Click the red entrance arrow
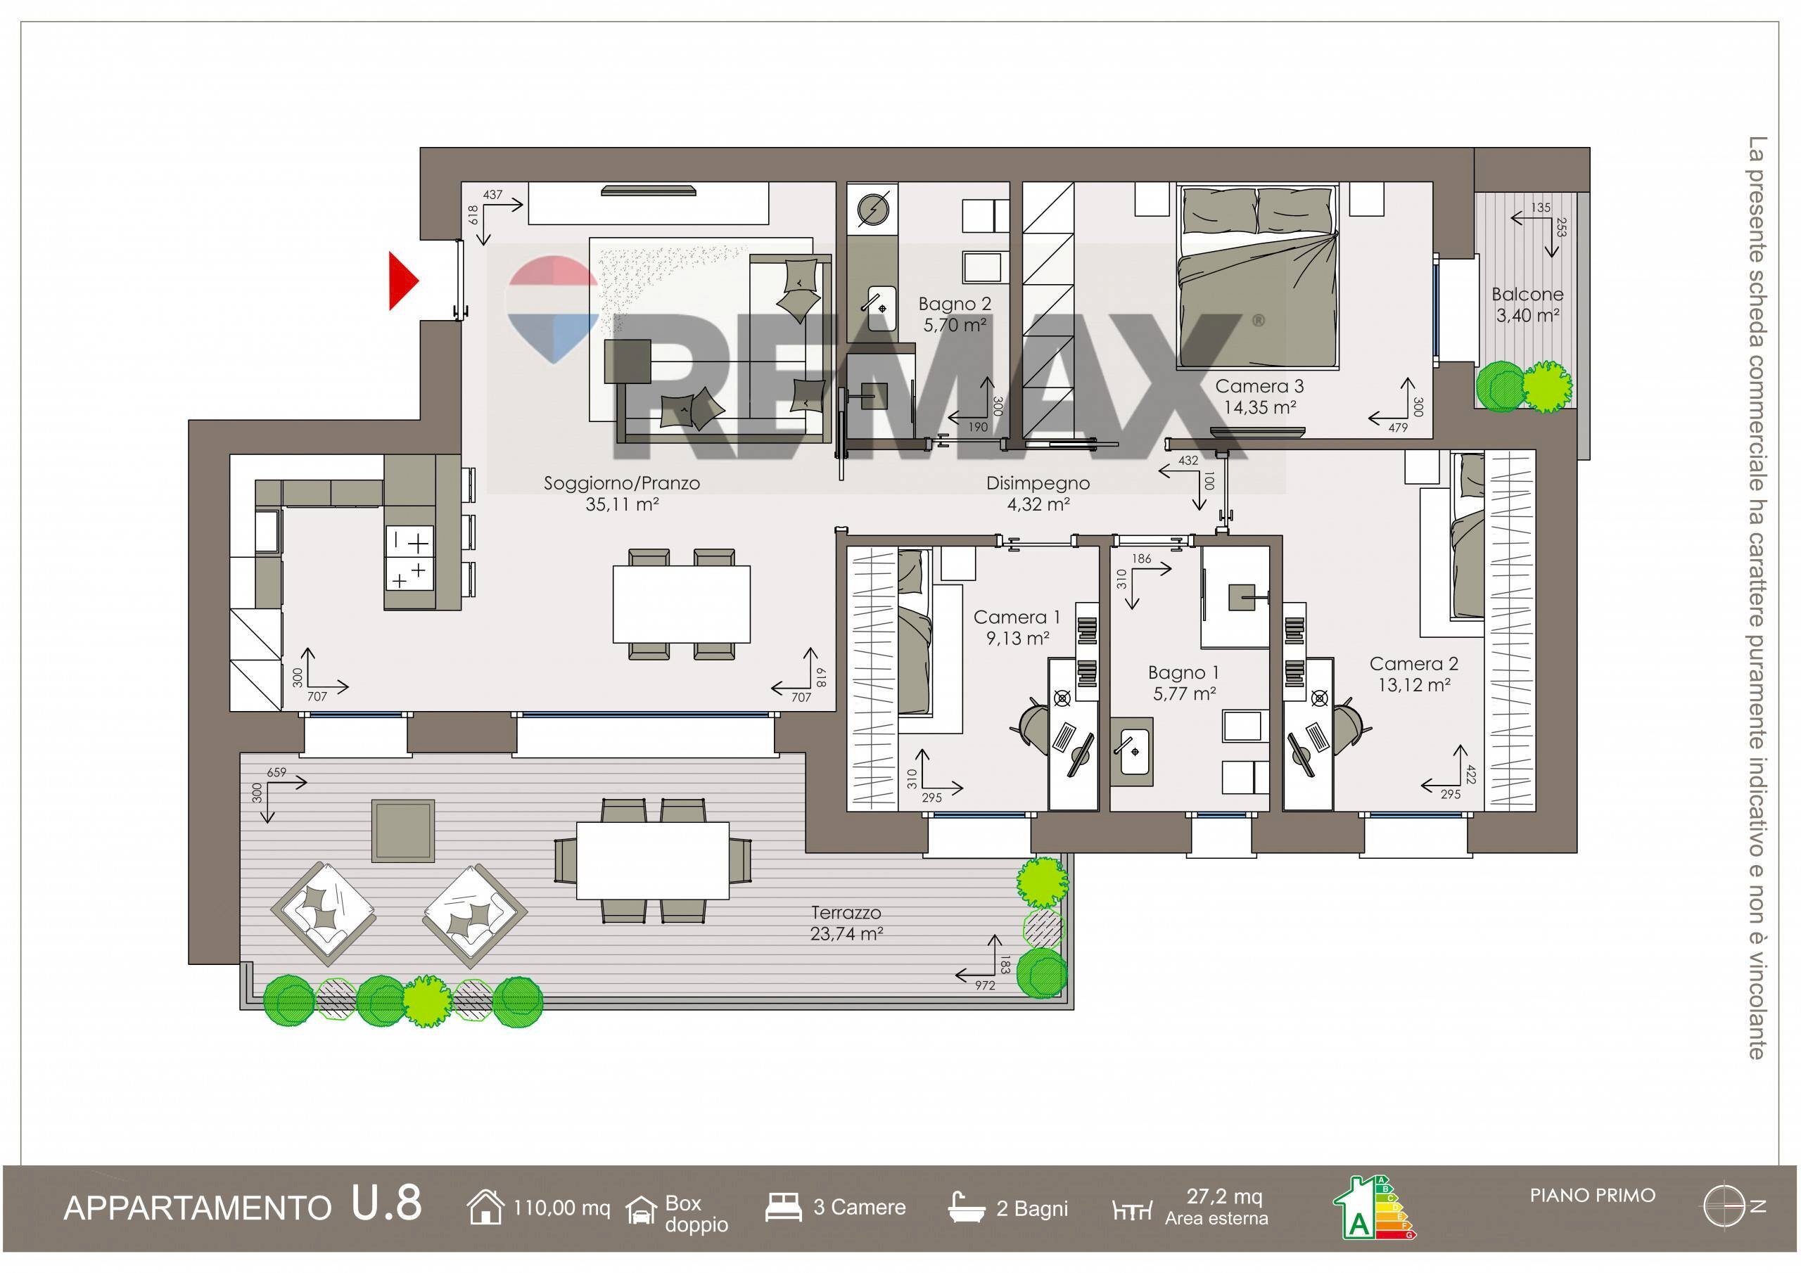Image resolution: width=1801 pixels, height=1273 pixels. [403, 281]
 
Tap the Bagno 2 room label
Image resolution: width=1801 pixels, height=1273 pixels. [955, 314]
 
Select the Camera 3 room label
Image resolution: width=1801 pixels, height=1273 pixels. [1260, 397]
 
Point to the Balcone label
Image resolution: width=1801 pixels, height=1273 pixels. [1527, 305]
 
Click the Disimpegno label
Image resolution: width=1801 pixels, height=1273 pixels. [1038, 493]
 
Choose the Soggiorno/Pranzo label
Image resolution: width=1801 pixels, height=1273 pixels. [622, 493]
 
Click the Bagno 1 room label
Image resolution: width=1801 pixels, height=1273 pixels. [1185, 683]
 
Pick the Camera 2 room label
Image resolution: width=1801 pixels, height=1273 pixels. [1414, 674]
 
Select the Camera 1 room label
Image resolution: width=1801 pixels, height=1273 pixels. [1017, 627]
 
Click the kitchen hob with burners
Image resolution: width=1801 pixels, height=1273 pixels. [409, 558]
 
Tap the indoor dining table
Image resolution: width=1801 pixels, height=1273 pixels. [682, 603]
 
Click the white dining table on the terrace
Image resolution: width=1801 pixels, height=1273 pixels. [653, 860]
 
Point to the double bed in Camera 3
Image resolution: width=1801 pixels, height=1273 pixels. [1256, 276]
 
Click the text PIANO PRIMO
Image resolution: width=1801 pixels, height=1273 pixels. [1592, 1196]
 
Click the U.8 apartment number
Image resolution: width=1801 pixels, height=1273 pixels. [387, 1203]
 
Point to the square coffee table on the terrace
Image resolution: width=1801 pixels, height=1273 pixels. [403, 830]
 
